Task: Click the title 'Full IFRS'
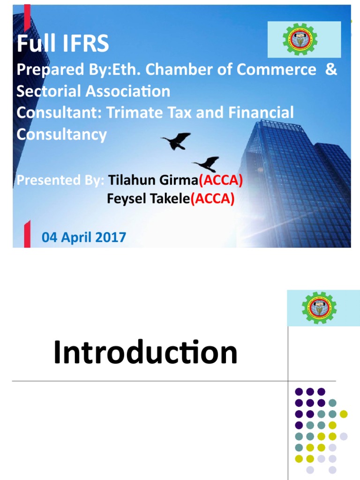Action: click(x=63, y=44)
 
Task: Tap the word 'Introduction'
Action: click(x=145, y=352)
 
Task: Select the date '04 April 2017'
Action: click(x=84, y=237)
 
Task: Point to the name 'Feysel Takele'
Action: click(x=148, y=199)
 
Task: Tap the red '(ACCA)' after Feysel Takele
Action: click(x=212, y=199)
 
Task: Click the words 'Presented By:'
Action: click(x=60, y=180)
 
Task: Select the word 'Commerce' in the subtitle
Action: click(x=276, y=69)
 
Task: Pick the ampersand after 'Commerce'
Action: click(x=331, y=69)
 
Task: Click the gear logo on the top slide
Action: click(x=300, y=39)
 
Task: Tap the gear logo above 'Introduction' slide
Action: click(x=319, y=308)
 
